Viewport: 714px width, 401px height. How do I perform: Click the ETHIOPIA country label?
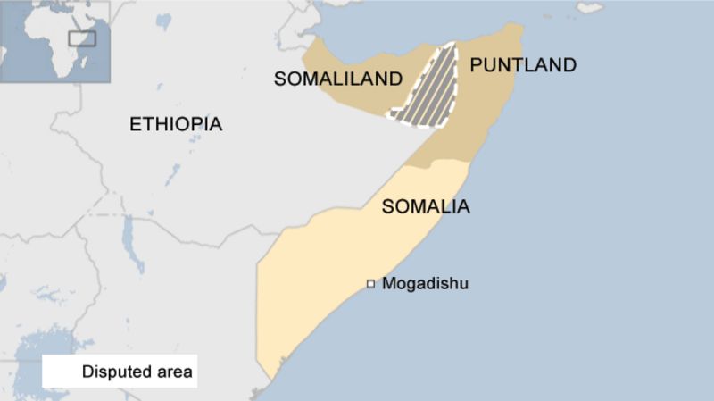tap(176, 124)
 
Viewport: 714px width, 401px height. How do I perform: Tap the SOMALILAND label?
tap(338, 79)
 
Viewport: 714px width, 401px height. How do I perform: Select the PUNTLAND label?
tap(523, 64)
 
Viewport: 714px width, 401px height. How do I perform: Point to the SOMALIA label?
tap(426, 207)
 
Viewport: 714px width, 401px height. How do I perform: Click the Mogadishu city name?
tap(425, 284)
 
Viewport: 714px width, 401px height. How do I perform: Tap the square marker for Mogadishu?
tap(370, 284)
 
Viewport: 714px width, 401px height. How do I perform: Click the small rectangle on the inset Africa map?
tap(82, 38)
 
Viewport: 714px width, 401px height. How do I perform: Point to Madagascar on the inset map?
tap(83, 63)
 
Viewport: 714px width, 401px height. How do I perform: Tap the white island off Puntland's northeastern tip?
tap(589, 8)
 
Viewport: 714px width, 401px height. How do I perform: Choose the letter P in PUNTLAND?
tap(476, 64)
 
